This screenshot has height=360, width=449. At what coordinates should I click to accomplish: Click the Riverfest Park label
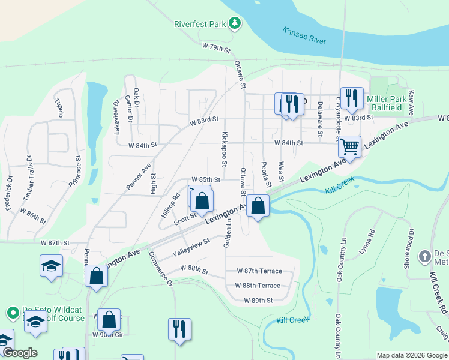tap(199, 24)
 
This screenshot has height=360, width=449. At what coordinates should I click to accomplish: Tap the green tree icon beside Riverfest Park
tap(235, 23)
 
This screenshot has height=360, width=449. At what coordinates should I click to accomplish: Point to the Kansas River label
tap(304, 34)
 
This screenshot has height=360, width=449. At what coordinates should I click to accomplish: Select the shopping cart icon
tap(349, 146)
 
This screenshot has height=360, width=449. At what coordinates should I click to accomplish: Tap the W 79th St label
tap(217, 46)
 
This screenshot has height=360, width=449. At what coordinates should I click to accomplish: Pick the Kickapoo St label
tap(224, 149)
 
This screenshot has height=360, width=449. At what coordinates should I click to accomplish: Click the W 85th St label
tap(206, 179)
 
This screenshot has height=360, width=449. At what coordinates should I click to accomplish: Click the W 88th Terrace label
tap(258, 286)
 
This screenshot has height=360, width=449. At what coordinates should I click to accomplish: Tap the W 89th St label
tap(258, 300)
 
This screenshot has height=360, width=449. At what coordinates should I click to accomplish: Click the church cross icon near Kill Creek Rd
tap(425, 255)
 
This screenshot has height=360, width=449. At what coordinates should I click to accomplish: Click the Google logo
tap(20, 353)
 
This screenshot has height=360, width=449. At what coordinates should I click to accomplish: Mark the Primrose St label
tap(76, 172)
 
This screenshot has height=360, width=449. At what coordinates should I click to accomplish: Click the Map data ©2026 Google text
tap(411, 355)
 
